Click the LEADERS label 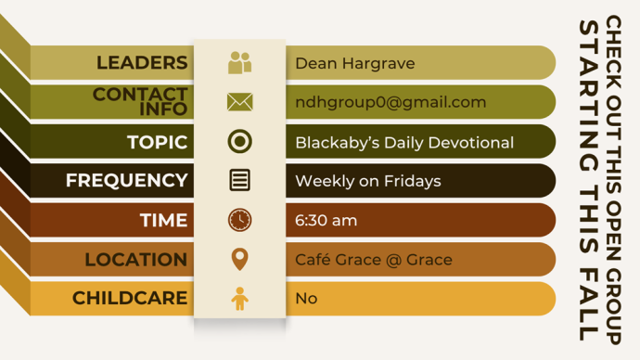tap(142, 63)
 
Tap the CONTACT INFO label tap(140, 102)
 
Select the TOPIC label tap(157, 142)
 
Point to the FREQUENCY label tap(126, 180)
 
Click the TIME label tap(163, 220)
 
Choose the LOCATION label tap(136, 260)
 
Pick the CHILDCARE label tap(130, 298)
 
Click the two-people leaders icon tap(239, 63)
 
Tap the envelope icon tap(239, 102)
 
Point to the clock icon tap(239, 220)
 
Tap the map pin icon tap(239, 259)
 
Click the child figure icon tap(239, 299)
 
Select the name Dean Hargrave tap(355, 63)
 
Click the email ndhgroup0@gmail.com tap(390, 102)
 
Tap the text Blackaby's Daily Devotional tap(404, 143)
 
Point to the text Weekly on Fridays tap(368, 181)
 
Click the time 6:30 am tap(326, 221)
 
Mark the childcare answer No tap(306, 299)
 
